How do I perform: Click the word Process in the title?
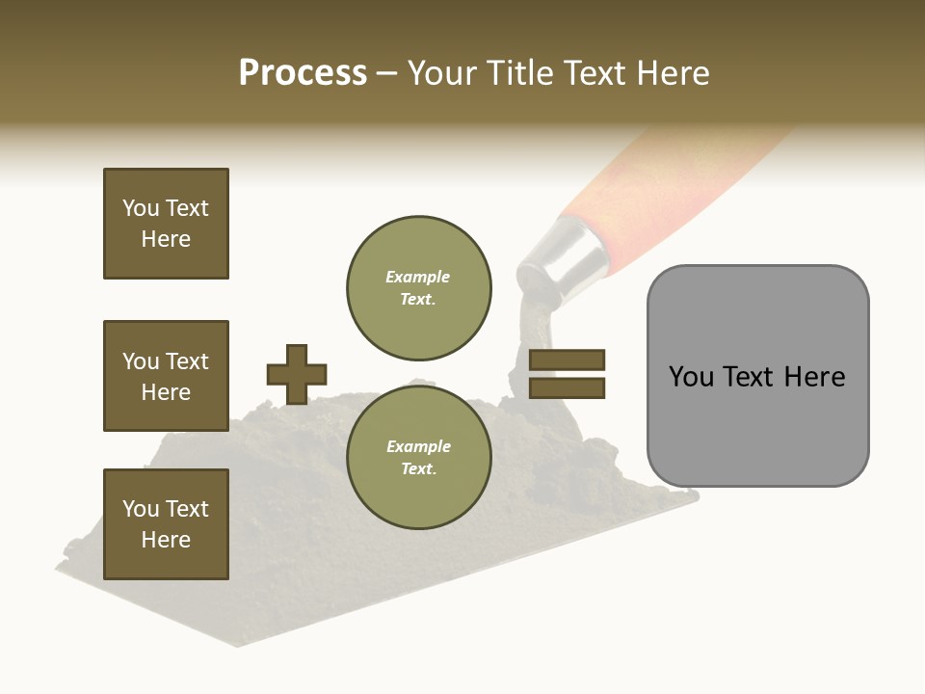point(303,73)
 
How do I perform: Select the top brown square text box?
point(166,224)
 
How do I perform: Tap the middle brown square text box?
point(166,376)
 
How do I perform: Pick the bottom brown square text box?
point(166,524)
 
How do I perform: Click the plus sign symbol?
point(297,374)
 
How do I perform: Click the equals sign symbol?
point(567,374)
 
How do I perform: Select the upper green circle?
point(419,287)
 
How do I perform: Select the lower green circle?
point(419,457)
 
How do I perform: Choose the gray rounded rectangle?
point(757,376)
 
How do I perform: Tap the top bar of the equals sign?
point(567,360)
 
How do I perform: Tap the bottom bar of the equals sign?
point(567,387)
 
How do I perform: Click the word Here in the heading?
point(672,73)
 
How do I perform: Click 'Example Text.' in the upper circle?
point(418,287)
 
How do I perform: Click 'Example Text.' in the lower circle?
point(418,457)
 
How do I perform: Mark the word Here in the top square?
point(166,239)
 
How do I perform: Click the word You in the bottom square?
point(141,509)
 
